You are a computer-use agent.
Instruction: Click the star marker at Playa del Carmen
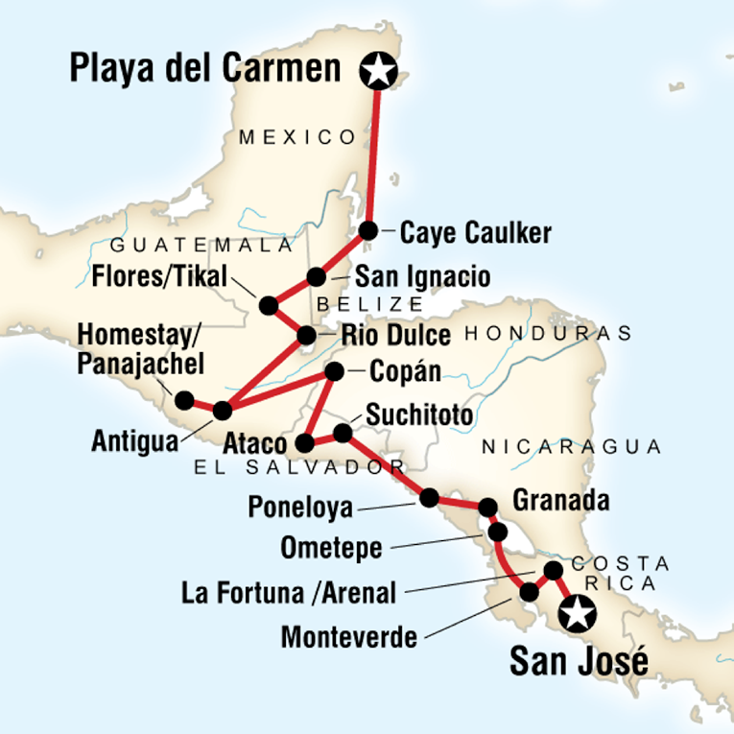point(378,70)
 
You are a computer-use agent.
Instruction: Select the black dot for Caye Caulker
point(367,231)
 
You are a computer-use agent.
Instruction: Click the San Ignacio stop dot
point(316,277)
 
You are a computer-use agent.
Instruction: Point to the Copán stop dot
point(334,371)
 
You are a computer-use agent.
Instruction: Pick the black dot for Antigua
point(222,411)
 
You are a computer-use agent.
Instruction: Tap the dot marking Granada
point(487,507)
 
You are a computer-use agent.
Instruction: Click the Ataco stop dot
point(304,443)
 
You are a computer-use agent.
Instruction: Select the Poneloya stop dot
point(429,497)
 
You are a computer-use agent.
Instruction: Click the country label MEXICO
point(297,137)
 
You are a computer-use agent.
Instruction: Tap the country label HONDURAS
point(548,334)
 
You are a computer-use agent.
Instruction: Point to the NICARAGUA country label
point(572,446)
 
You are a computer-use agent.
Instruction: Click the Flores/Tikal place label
point(160,277)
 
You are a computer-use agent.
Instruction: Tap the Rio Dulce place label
point(396,336)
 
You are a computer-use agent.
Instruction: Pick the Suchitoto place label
point(417,415)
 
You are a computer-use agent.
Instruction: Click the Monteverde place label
point(350,637)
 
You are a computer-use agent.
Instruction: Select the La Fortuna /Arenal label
point(288,593)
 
